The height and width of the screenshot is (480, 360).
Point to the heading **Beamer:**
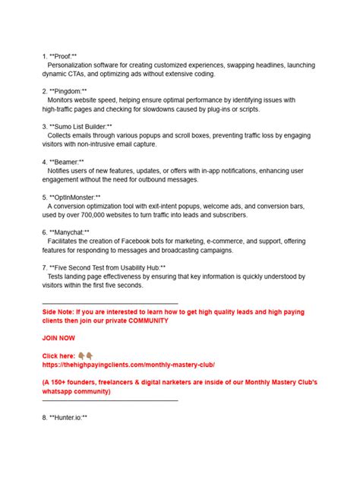[67, 162]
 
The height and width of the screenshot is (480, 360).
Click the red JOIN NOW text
[59, 338]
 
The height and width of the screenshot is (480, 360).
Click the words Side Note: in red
[59, 311]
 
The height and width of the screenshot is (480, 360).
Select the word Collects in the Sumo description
[61, 135]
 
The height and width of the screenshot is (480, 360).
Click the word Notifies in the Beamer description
[61, 171]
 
